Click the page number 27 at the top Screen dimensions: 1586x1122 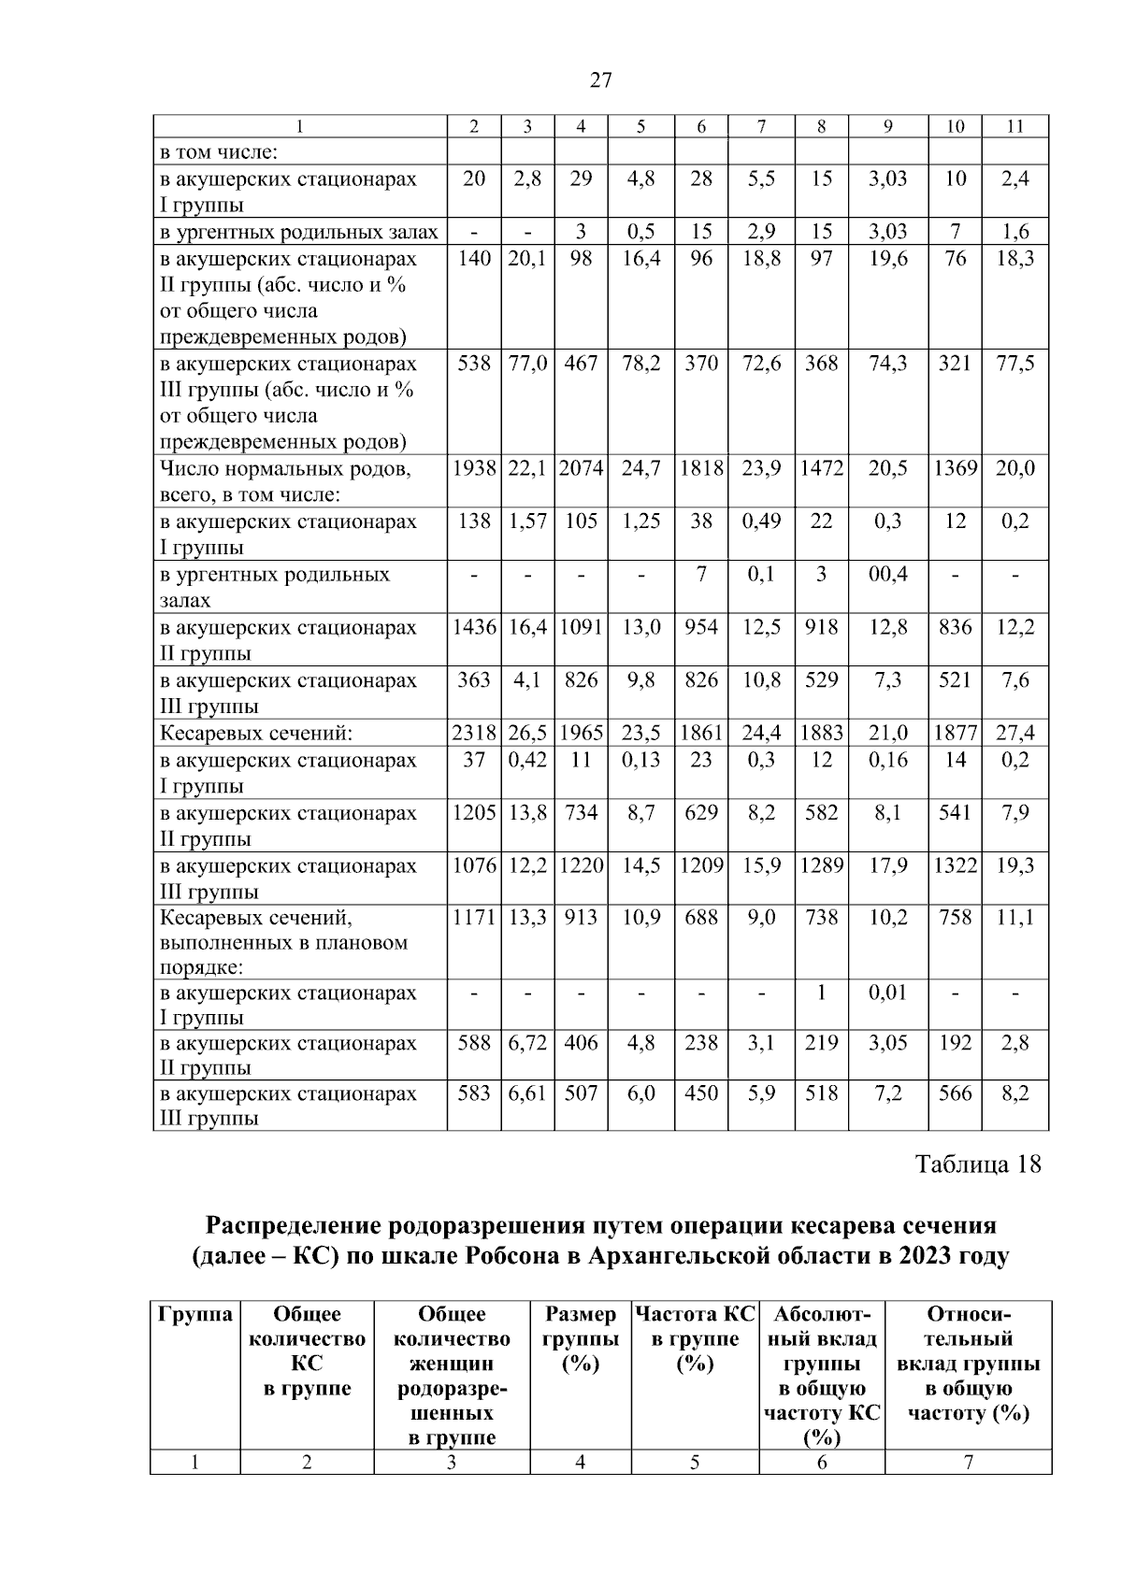(601, 80)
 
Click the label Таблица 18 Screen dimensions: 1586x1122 (977, 1164)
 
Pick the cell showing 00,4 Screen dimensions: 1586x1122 (887, 575)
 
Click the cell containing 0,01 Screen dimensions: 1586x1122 (887, 993)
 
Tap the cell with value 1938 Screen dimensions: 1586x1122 (474, 468)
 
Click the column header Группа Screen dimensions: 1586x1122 (195, 1315)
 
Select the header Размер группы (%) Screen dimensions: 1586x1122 (580, 1339)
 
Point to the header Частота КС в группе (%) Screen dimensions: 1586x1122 (695, 1339)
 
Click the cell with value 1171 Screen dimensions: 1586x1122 (474, 918)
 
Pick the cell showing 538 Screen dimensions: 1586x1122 (474, 364)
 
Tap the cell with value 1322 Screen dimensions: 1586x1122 (955, 865)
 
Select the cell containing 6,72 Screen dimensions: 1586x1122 (527, 1043)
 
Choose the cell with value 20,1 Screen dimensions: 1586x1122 (527, 259)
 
